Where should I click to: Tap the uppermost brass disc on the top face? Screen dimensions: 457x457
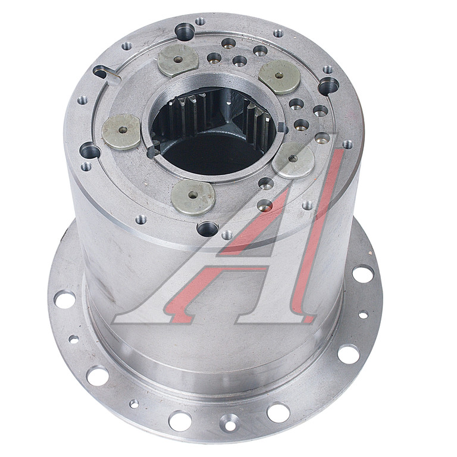tap(178, 60)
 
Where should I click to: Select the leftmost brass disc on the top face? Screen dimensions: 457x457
tap(122, 132)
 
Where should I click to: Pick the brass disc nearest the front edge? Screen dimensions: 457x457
tap(193, 197)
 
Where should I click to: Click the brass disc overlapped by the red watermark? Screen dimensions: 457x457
tap(293, 160)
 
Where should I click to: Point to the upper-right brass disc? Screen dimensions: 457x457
tap(279, 77)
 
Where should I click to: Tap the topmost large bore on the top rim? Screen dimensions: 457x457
tap(185, 32)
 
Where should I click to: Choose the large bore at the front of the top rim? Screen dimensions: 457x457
tap(207, 228)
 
